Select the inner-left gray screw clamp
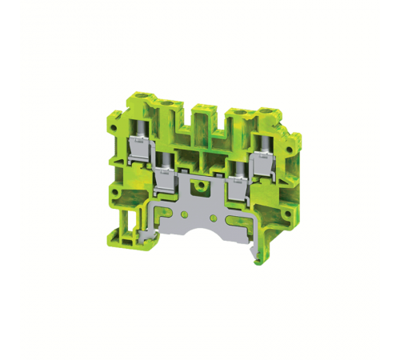[x=166, y=175]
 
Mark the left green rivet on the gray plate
[x=186, y=214]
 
